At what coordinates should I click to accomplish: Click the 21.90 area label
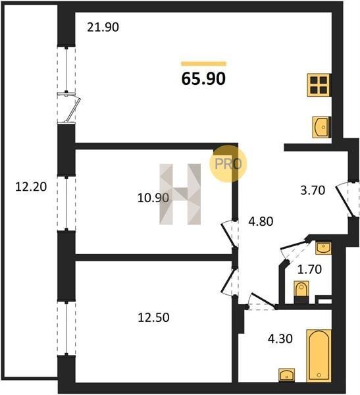click(x=103, y=27)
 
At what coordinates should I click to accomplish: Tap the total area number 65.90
click(x=203, y=78)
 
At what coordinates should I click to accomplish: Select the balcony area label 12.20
click(x=31, y=187)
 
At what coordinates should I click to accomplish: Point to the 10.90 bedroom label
click(x=153, y=197)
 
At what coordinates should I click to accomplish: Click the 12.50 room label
click(x=153, y=317)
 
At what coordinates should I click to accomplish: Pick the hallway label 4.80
click(x=261, y=221)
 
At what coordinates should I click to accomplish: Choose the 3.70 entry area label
click(x=313, y=190)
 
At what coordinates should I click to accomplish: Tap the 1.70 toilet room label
click(x=309, y=269)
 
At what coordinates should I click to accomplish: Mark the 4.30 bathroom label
click(x=280, y=339)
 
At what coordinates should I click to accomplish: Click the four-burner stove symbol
click(x=319, y=85)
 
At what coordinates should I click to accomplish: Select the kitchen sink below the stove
click(x=321, y=127)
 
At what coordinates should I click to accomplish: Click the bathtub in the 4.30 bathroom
click(x=319, y=355)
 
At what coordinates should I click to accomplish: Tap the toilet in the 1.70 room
click(x=301, y=292)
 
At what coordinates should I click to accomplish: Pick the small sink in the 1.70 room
click(x=323, y=248)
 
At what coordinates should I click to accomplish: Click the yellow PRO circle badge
click(x=228, y=164)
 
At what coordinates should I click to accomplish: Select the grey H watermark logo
click(x=180, y=194)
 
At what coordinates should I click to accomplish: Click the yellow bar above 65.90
click(x=203, y=64)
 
